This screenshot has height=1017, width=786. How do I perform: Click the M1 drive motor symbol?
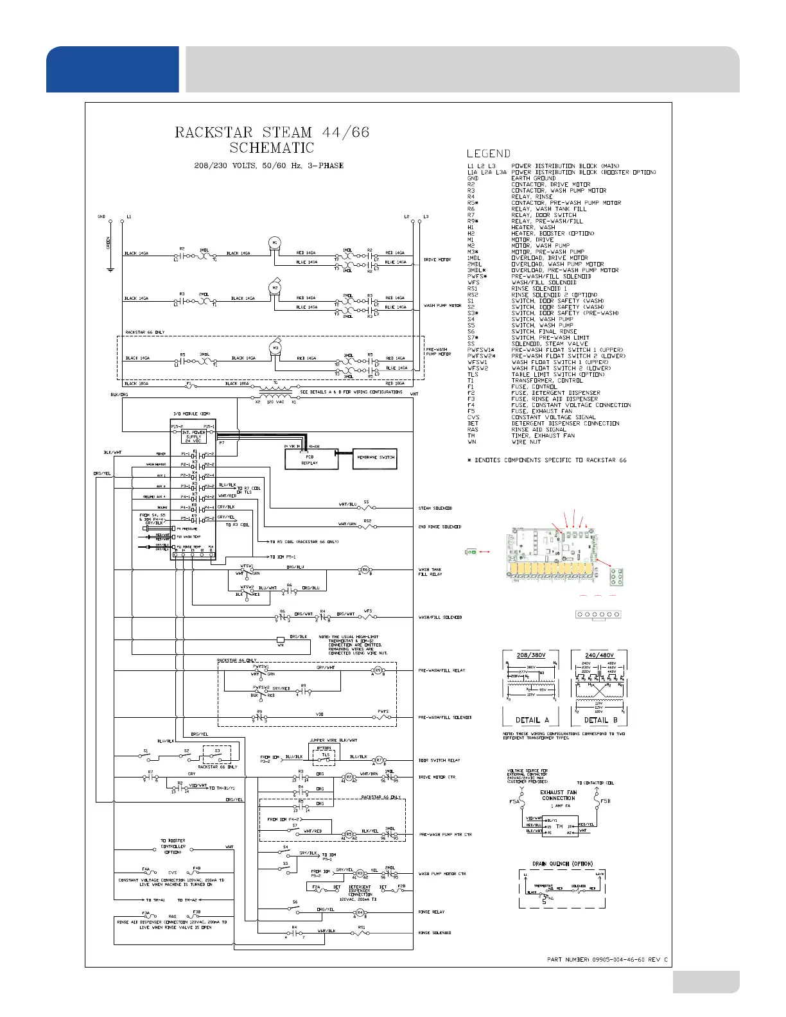point(275,243)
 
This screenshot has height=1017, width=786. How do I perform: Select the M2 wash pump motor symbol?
point(275,288)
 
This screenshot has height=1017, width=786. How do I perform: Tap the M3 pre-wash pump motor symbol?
point(275,348)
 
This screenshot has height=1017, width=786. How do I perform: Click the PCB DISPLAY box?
point(310,458)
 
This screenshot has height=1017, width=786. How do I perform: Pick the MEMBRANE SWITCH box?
point(376,458)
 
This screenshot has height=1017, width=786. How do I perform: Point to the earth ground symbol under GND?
point(110,269)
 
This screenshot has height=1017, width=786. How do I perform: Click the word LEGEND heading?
point(489,153)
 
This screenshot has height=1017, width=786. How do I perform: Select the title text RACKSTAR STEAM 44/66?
point(272,132)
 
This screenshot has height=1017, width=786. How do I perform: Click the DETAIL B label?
point(600,720)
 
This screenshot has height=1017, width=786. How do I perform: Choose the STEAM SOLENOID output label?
point(435,509)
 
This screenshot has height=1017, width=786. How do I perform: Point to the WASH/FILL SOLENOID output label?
point(440,618)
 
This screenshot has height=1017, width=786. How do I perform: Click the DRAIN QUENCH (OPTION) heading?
point(563,864)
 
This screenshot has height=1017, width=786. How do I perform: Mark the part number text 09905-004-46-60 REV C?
point(607,959)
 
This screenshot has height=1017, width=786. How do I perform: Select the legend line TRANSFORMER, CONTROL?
point(546,381)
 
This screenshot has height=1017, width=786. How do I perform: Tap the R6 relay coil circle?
point(365,569)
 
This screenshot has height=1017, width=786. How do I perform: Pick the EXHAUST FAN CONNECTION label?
point(559,795)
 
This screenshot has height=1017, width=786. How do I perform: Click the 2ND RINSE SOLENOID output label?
point(440,527)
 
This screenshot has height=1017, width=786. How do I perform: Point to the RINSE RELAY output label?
point(432,912)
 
